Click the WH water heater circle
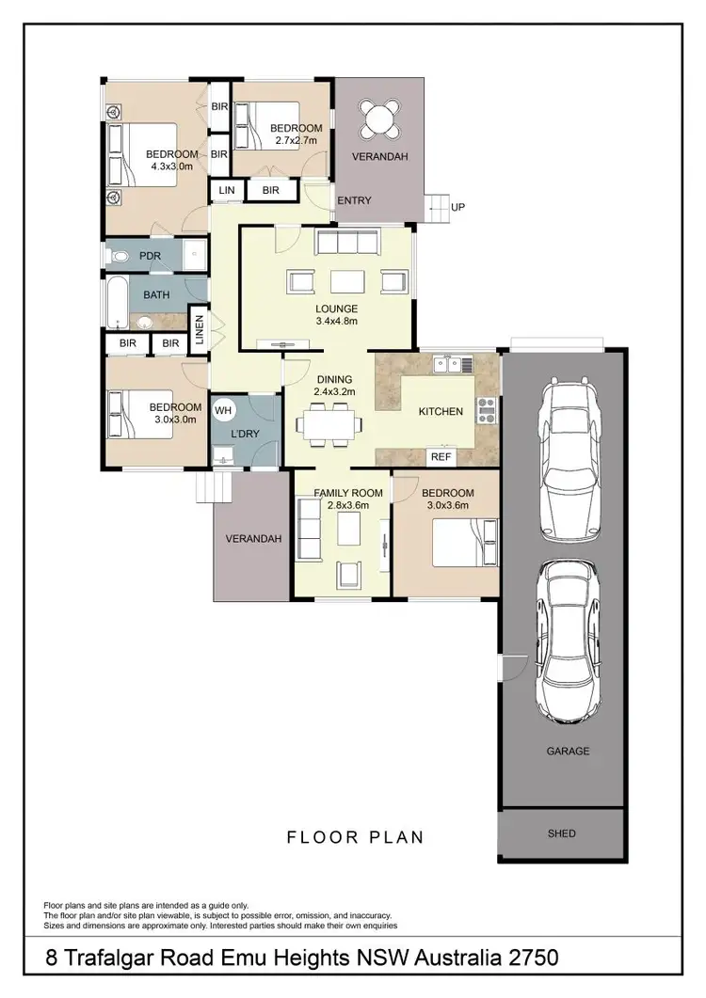pyautogui.click(x=223, y=410)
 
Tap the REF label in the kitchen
pyautogui.click(x=439, y=456)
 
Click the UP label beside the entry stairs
pyautogui.click(x=458, y=207)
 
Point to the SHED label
pyautogui.click(x=561, y=833)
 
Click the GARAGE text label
pyautogui.click(x=568, y=751)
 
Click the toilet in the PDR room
pyautogui.click(x=118, y=255)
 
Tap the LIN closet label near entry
pyautogui.click(x=226, y=190)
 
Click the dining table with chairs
pyautogui.click(x=327, y=423)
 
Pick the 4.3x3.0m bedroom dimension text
pyautogui.click(x=171, y=166)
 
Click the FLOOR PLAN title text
pyautogui.click(x=355, y=836)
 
